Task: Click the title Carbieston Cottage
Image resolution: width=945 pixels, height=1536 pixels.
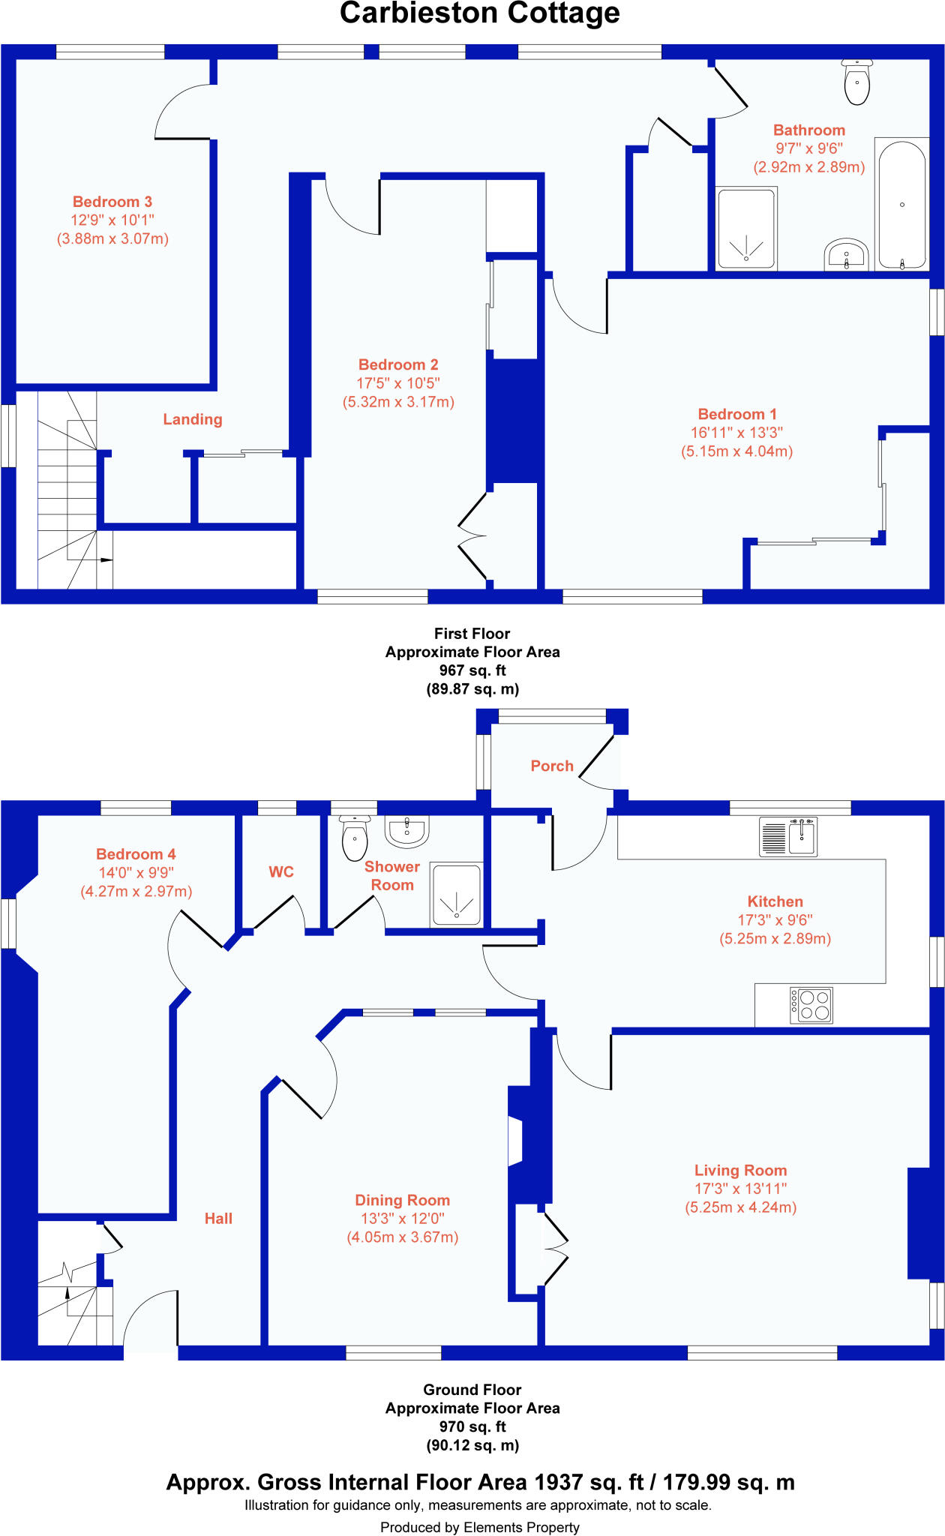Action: point(480,13)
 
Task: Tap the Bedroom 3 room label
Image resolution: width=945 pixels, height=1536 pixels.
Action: point(112,202)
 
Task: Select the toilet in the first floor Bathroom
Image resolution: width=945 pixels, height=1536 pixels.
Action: point(856,83)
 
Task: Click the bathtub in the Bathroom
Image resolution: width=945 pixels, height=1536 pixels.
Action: point(901,204)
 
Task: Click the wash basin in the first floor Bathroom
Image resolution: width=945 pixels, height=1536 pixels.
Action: point(846,255)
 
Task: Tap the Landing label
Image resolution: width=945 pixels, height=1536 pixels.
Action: point(193,419)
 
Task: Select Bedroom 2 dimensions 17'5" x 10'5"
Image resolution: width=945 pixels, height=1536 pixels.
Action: point(398,383)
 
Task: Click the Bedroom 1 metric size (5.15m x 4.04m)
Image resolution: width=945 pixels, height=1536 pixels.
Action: point(736,451)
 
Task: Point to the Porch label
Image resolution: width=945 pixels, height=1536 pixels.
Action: point(552,766)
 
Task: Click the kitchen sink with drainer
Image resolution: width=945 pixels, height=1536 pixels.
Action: point(788,837)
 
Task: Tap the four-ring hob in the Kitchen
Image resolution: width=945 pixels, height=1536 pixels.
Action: point(811,1006)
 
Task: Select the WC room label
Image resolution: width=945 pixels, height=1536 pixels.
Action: point(281,871)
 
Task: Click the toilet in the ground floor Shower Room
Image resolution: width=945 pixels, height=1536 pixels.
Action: point(355,839)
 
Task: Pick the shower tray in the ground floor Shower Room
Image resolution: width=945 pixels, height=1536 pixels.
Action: point(456,894)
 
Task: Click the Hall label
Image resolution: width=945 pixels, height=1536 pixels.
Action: point(218,1219)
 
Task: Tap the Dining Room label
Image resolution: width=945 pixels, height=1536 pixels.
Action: point(402,1200)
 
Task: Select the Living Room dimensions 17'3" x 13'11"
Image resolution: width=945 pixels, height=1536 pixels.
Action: point(740,1189)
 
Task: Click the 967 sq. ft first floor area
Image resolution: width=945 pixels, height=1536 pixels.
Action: point(472,670)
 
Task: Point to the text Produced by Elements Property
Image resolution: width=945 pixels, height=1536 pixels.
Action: point(480,1527)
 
